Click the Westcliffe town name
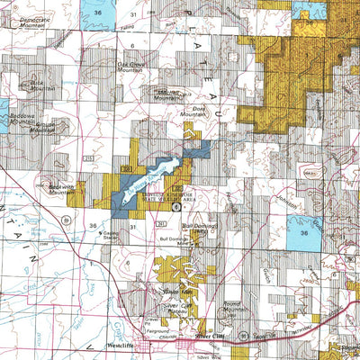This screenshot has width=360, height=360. point(126,343)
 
